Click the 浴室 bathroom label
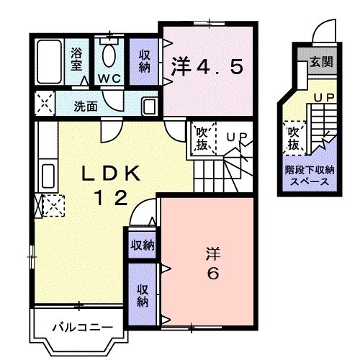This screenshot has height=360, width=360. coord(77,58)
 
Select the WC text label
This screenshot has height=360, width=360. coord(108,78)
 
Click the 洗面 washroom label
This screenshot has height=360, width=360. coord(86,105)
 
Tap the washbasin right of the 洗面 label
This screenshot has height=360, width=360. coord(149,107)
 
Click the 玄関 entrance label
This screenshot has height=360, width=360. coord(321,62)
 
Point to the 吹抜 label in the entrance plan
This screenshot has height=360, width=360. coord(293,138)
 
